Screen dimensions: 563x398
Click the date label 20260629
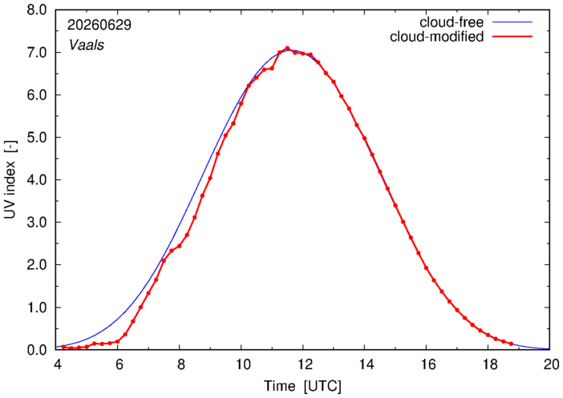click(99, 25)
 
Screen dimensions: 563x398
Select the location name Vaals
click(87, 45)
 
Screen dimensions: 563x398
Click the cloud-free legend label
click(452, 22)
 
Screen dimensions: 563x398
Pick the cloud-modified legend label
click(436, 37)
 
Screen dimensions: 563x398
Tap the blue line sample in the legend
click(512, 22)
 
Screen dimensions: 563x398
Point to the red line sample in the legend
click(512, 37)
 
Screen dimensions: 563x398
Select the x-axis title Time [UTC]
click(302, 386)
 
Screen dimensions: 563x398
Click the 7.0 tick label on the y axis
click(37, 53)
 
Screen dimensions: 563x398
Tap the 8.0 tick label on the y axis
click(37, 10)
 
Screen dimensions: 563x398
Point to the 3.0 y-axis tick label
click(37, 223)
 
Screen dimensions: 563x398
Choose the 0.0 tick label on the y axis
click(37, 350)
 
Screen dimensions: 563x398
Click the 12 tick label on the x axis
click(303, 364)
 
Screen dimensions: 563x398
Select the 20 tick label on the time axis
click(550, 364)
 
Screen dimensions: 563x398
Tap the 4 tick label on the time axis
click(56, 364)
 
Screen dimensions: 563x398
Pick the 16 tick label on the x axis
click(427, 364)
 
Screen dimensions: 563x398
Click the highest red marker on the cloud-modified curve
click(287, 48)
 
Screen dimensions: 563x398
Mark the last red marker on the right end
click(512, 344)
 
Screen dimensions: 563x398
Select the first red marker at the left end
click(63, 347)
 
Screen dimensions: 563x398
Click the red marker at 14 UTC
click(364, 138)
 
